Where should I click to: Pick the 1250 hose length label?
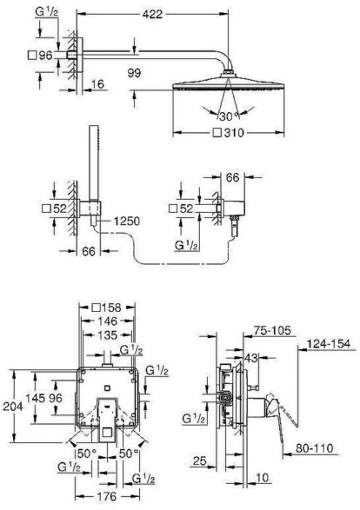coord(125,221)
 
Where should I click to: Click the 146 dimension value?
coord(107,320)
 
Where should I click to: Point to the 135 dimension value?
coord(107,335)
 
